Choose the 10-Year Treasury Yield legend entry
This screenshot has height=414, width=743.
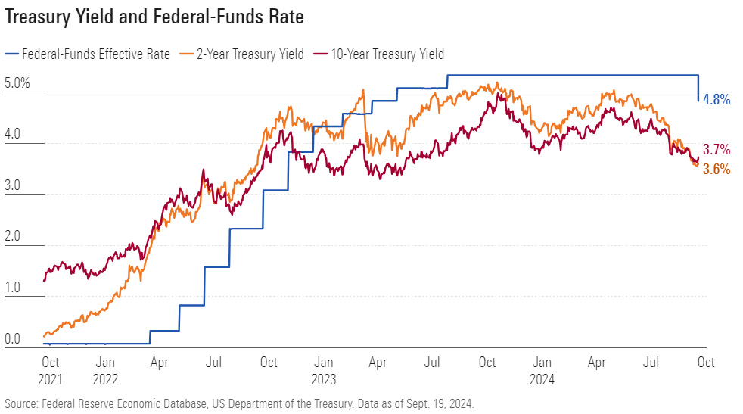(387, 54)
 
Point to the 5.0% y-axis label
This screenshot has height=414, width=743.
(17, 83)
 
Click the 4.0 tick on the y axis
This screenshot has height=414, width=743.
(14, 135)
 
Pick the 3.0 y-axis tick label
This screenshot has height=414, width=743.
(14, 185)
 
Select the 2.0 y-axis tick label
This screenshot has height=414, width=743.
(14, 237)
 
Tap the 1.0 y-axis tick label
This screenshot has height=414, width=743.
(14, 288)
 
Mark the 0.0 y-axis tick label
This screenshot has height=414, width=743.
(14, 339)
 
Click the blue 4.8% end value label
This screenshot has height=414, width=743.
(717, 99)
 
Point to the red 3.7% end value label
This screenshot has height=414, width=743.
(717, 149)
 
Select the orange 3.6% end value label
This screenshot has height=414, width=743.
(717, 170)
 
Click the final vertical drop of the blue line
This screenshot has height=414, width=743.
(698, 88)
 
